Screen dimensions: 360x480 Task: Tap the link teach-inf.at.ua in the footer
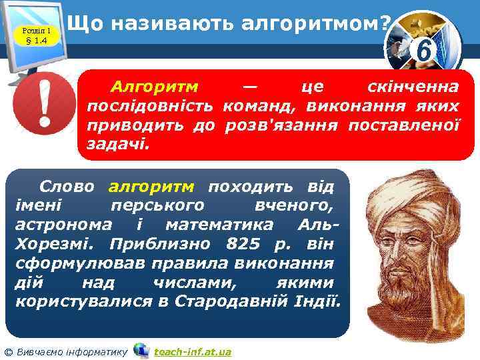193,351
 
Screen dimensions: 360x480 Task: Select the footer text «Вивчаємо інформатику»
71,351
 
